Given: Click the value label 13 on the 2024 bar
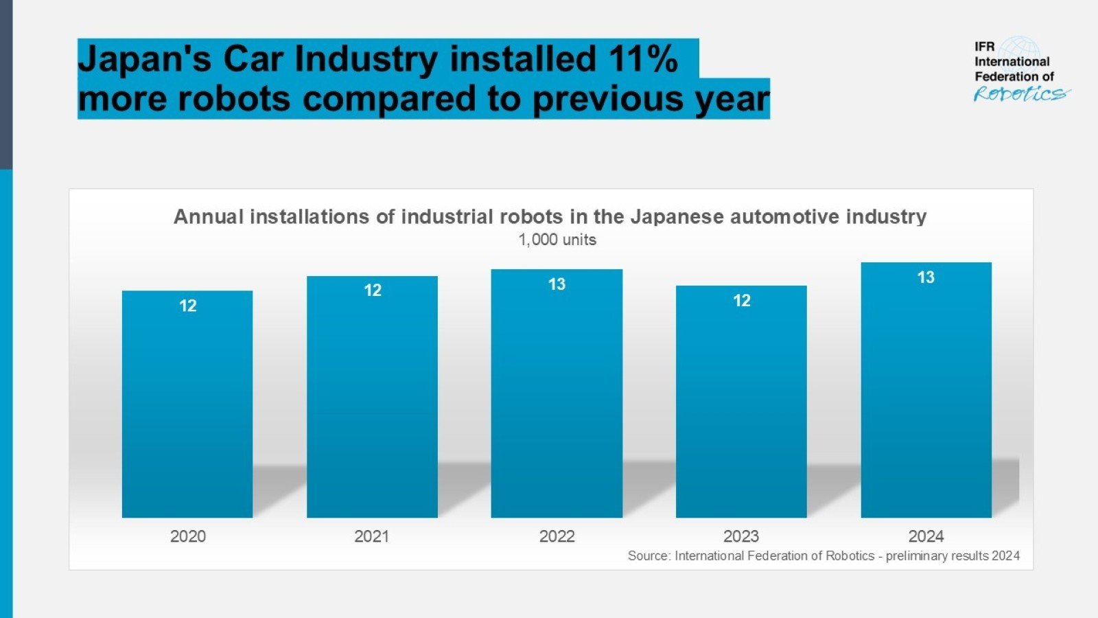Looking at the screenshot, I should pos(926,277).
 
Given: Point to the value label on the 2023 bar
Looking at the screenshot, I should pos(742,301).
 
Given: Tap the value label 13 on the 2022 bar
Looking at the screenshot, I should pos(557,284).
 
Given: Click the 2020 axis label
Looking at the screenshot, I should pos(187,536).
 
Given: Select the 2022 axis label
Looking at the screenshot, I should pos(557,536).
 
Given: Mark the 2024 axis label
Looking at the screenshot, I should pos(926,536).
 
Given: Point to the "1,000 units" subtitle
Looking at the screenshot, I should pos(557,240).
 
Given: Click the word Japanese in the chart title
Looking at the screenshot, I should pos(677,217).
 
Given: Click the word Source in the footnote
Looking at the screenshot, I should pos(648,556).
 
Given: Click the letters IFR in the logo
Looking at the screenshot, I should pos(984,47).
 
